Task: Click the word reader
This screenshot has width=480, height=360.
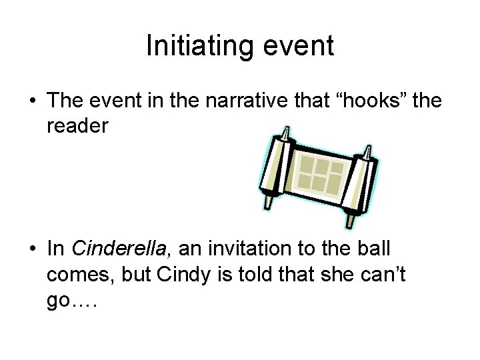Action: point(77,126)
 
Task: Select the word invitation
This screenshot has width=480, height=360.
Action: point(245,249)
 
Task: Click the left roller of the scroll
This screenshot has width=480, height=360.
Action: point(275,167)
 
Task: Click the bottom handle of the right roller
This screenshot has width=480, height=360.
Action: point(348,221)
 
